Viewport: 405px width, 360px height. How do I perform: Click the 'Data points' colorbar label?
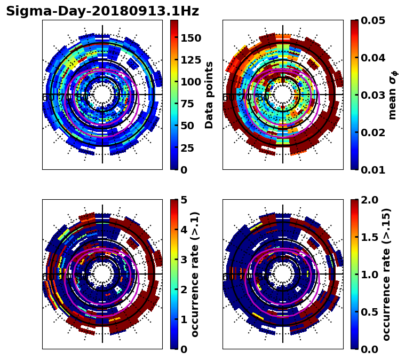click(209, 95)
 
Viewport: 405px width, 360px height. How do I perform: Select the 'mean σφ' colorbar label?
click(393, 95)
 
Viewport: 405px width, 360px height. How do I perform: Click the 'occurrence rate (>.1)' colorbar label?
click(195, 274)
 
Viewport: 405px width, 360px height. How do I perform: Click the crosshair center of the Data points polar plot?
click(102, 95)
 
